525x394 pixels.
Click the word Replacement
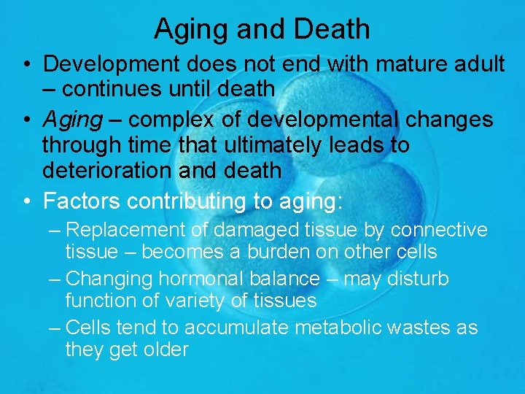126,231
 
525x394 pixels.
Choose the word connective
439,231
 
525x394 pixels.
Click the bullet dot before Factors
26,199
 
